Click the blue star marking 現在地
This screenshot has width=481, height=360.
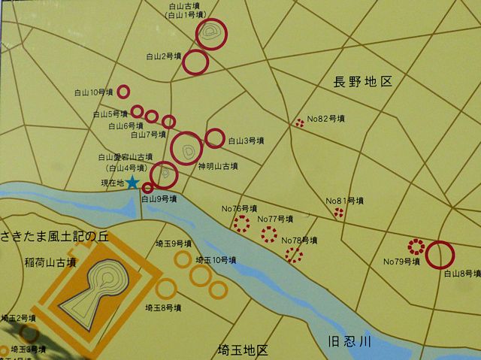pyautogui.click(x=132, y=182)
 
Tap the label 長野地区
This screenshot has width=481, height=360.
pyautogui.click(x=364, y=81)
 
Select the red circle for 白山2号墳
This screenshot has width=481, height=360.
pyautogui.click(x=196, y=62)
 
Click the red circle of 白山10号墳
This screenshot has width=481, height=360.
pyautogui.click(x=123, y=92)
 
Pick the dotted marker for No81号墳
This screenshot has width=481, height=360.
pyautogui.click(x=338, y=213)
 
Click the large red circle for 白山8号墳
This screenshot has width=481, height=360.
pyautogui.click(x=439, y=255)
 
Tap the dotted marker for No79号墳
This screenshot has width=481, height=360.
pyautogui.click(x=415, y=246)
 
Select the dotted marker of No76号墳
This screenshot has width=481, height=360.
pyautogui.click(x=241, y=223)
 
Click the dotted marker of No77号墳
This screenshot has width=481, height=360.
pyautogui.click(x=268, y=234)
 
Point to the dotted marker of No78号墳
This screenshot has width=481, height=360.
pyautogui.click(x=294, y=255)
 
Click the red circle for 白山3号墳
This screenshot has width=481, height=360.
pyautogui.click(x=215, y=138)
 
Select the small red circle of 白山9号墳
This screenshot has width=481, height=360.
pyautogui.click(x=147, y=188)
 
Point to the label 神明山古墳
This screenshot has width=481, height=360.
pyautogui.click(x=218, y=166)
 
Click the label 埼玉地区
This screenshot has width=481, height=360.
pyautogui.click(x=242, y=350)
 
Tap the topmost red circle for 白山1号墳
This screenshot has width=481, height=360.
pyautogui.click(x=212, y=34)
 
